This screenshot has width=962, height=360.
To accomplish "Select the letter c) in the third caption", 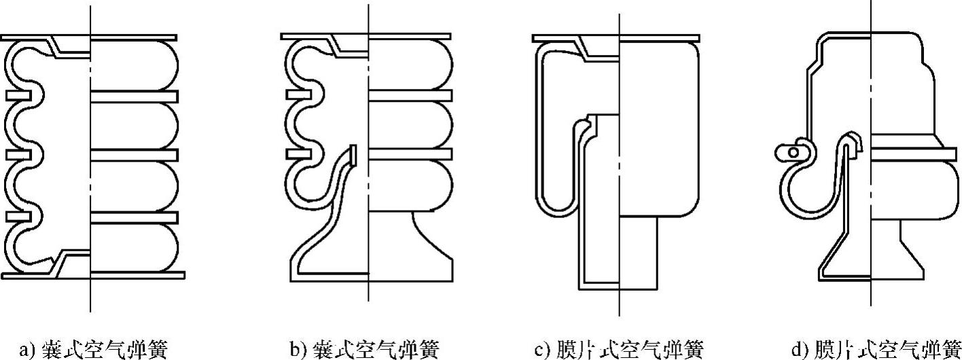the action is [541, 350].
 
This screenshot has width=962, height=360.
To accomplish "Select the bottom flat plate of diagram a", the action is [136, 275].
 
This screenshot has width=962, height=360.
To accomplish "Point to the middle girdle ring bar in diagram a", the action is [134, 156].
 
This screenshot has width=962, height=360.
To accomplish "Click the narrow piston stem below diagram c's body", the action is [639, 251].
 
